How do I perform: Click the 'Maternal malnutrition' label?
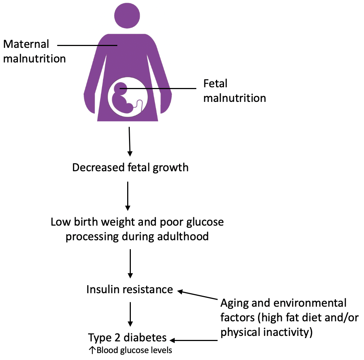click(34, 51)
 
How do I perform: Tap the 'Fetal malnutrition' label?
click(234, 91)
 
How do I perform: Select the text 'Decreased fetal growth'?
click(130, 168)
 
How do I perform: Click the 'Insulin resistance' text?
click(129, 289)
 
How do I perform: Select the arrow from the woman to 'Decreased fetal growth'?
click(129, 141)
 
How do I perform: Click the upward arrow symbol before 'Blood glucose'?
click(92, 351)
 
